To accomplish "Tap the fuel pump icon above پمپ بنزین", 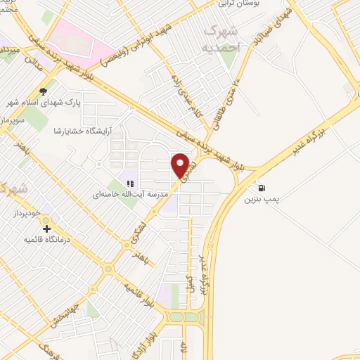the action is pos(262,188).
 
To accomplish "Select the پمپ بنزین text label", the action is pos(262,200).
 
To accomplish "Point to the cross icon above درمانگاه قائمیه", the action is pos(47,229).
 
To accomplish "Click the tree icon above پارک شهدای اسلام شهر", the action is pos(44,91).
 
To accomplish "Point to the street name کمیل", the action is pos(188,283).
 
